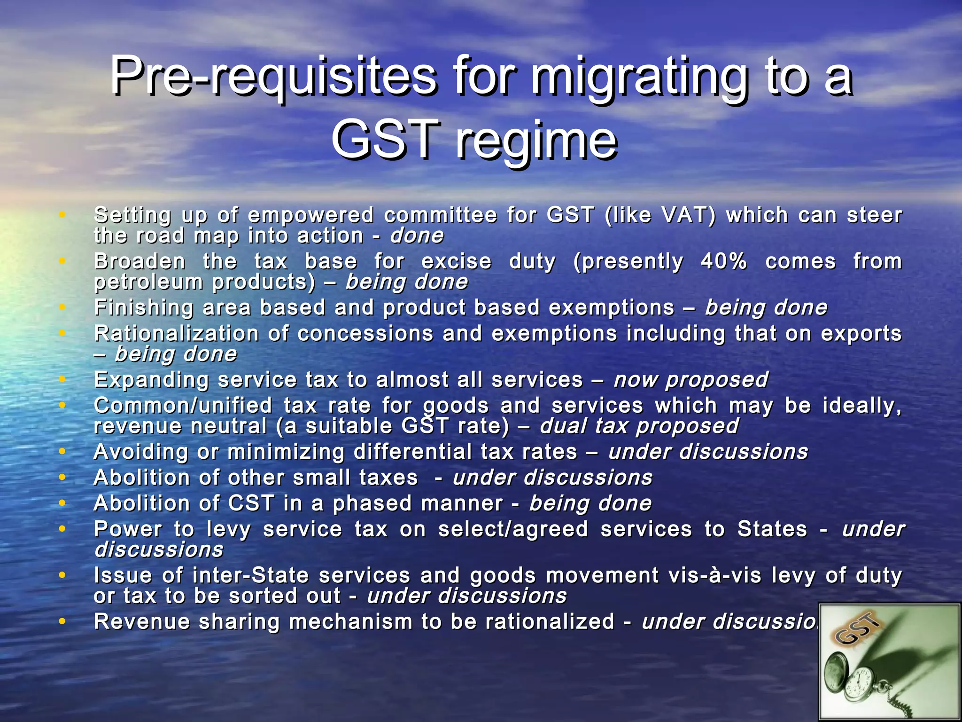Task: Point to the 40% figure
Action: click(723, 261)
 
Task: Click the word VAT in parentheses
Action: click(688, 215)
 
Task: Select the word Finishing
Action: click(144, 308)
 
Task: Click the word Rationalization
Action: click(177, 334)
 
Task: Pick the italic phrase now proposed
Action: click(691, 380)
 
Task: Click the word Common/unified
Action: click(183, 406)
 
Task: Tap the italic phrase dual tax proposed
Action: click(639, 426)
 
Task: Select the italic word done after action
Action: click(417, 236)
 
